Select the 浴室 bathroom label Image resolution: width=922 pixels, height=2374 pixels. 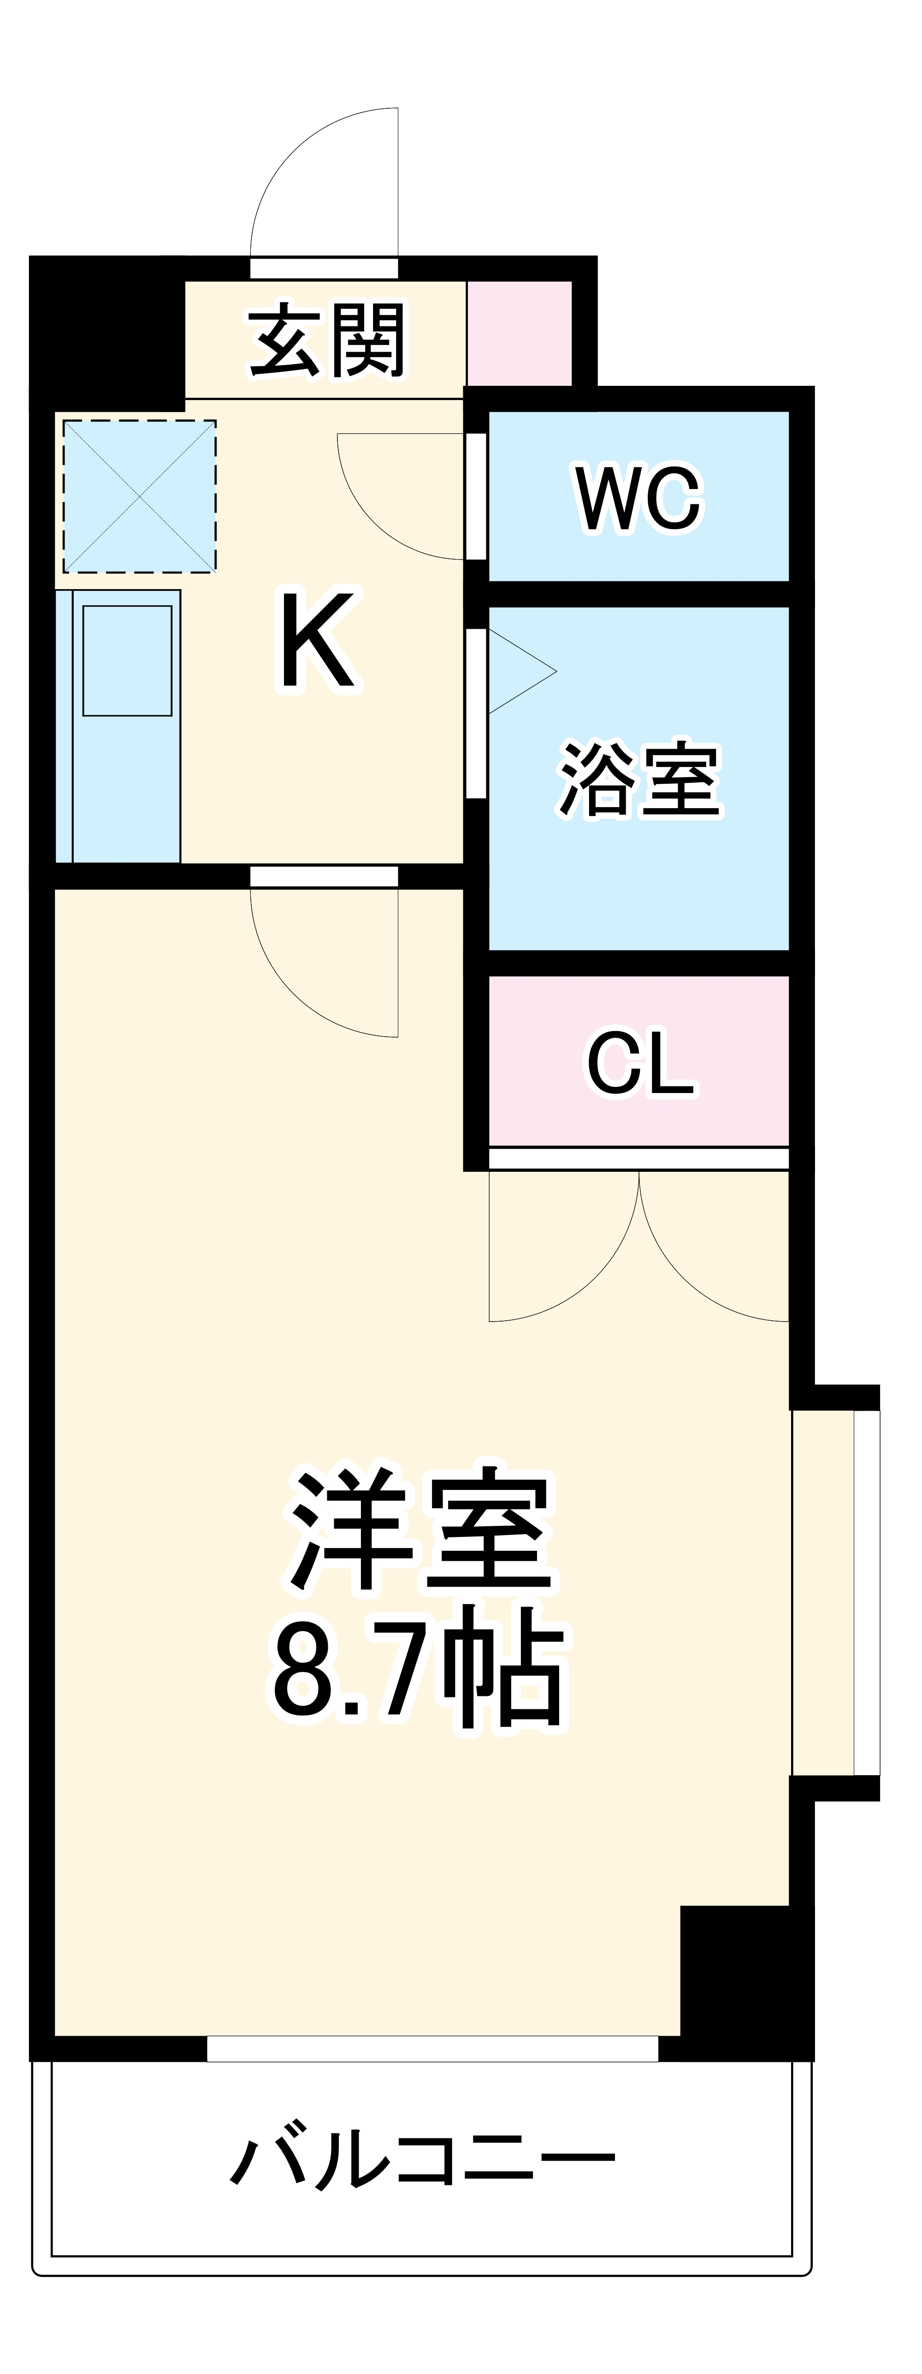(x=639, y=779)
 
